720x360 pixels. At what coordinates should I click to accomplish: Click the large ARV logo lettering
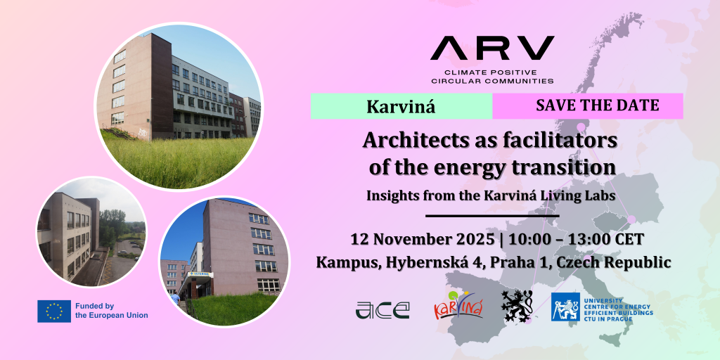(x=491, y=49)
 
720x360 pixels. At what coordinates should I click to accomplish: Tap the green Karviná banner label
(x=401, y=106)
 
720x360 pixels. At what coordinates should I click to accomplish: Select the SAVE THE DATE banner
(x=588, y=106)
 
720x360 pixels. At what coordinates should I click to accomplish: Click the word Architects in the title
(x=413, y=141)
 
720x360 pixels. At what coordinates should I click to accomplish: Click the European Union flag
(x=54, y=311)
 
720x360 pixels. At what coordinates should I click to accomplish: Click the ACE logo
(x=382, y=310)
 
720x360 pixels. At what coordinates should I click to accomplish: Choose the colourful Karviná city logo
(x=458, y=306)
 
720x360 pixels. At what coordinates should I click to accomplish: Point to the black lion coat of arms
(x=517, y=306)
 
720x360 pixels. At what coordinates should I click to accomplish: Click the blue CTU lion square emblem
(x=565, y=307)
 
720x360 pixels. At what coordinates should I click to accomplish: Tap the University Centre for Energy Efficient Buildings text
(x=618, y=307)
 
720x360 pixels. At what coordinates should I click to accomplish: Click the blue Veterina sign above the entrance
(x=199, y=274)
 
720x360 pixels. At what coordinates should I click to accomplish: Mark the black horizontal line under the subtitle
(x=492, y=215)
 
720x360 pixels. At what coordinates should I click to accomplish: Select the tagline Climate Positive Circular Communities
(x=491, y=77)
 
